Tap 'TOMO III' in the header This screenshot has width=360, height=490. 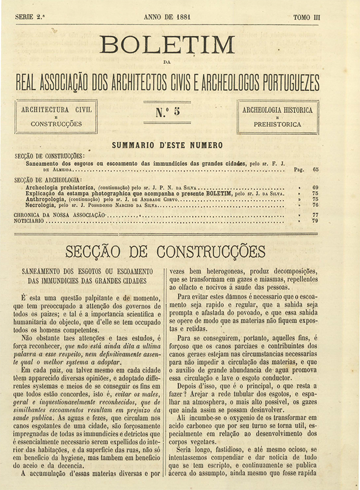click(307, 17)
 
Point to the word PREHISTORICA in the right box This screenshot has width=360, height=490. click(277, 124)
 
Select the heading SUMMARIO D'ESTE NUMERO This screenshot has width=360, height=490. click(167, 145)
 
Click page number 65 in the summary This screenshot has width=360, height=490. click(316, 169)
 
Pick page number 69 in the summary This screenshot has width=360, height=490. click(316, 187)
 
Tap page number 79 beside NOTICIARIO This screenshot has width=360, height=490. click(316, 222)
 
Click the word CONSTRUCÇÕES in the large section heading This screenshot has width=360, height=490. click(211, 251)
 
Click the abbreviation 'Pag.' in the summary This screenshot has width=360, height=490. click(298, 169)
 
